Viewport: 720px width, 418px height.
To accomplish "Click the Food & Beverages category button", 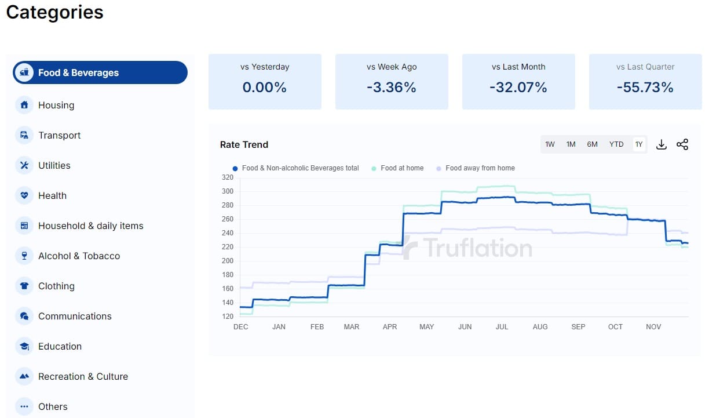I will coord(100,72).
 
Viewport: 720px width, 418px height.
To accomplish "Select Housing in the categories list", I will coord(56,105).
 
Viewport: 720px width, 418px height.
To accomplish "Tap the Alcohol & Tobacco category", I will coord(79,256).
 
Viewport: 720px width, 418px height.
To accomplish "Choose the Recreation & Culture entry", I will coord(83,376).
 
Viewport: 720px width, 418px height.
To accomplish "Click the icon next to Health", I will coord(24,195).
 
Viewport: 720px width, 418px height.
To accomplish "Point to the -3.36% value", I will coord(391,88).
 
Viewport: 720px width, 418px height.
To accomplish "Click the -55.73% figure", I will coord(645,88).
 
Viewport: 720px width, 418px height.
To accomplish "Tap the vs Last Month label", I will coord(518,67).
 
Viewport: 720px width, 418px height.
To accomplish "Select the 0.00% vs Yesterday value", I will coord(264,88).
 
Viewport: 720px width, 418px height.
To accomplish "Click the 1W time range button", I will coord(550,144).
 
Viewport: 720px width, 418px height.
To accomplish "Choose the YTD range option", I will coord(616,144).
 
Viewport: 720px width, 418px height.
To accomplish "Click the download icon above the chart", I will coord(661,144).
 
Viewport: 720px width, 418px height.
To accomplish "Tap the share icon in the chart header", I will coord(682,144).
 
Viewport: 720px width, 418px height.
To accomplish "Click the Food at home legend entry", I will coord(401,168).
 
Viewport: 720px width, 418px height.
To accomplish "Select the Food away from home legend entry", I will coord(480,168).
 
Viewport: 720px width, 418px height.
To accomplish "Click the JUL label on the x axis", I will coord(502,327).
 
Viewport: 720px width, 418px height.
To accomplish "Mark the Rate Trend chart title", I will coord(244,144).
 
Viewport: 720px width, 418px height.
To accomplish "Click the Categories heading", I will coord(54,12).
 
